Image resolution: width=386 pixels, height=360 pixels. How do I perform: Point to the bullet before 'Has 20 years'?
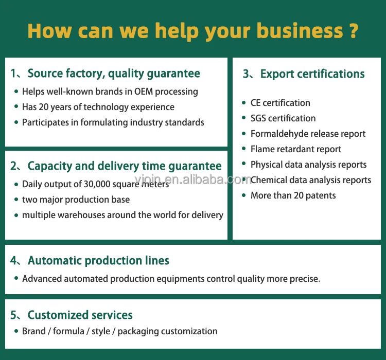tap(16, 107)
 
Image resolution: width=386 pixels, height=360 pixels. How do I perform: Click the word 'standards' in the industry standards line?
tap(185, 122)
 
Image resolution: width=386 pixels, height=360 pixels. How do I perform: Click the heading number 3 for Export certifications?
tap(247, 74)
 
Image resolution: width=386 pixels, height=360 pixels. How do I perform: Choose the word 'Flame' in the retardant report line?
tap(262, 149)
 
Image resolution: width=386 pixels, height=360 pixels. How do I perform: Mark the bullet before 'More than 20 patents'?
tap(245, 196)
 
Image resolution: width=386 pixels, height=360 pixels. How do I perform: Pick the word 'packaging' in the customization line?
tap(138, 331)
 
